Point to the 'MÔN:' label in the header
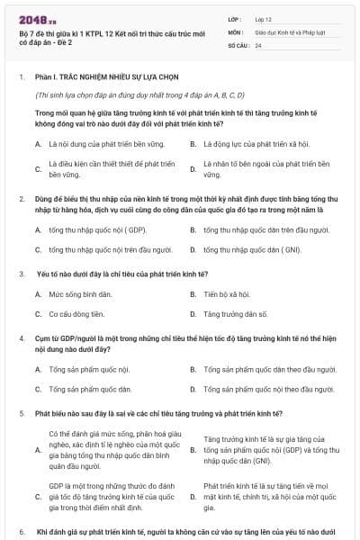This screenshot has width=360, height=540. click(x=236, y=31)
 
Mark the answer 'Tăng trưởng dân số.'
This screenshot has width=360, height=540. click(x=236, y=314)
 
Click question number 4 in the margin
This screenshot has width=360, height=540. click(x=22, y=337)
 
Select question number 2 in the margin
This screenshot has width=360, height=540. click(x=22, y=197)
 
